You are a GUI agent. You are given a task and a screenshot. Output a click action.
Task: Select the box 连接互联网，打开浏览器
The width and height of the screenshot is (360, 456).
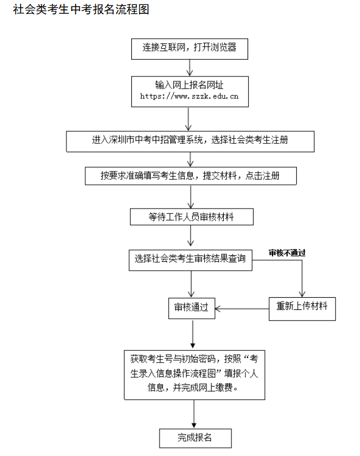(x=189, y=48)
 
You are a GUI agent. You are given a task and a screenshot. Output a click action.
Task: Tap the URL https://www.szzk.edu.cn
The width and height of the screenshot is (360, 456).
(x=189, y=96)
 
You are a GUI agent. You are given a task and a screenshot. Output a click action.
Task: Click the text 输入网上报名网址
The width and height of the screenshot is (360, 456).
(x=189, y=85)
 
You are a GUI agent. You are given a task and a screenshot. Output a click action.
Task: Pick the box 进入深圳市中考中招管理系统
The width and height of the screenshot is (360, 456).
(x=190, y=141)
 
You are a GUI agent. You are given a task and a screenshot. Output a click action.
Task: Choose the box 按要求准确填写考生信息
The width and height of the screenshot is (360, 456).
(x=190, y=176)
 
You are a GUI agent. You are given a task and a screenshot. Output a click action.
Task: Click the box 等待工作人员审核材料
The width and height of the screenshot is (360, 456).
(x=191, y=216)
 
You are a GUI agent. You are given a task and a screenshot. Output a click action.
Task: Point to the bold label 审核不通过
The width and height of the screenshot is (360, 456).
(x=287, y=253)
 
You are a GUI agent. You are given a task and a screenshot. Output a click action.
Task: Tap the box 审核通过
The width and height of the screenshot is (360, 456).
(x=191, y=308)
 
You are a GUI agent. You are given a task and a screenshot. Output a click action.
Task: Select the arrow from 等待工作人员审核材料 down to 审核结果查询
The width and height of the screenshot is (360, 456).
(x=191, y=236)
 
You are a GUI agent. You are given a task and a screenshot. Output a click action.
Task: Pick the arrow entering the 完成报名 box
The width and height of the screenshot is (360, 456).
(x=194, y=414)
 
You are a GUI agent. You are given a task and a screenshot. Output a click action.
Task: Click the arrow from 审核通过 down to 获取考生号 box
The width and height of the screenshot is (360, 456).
(x=192, y=334)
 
